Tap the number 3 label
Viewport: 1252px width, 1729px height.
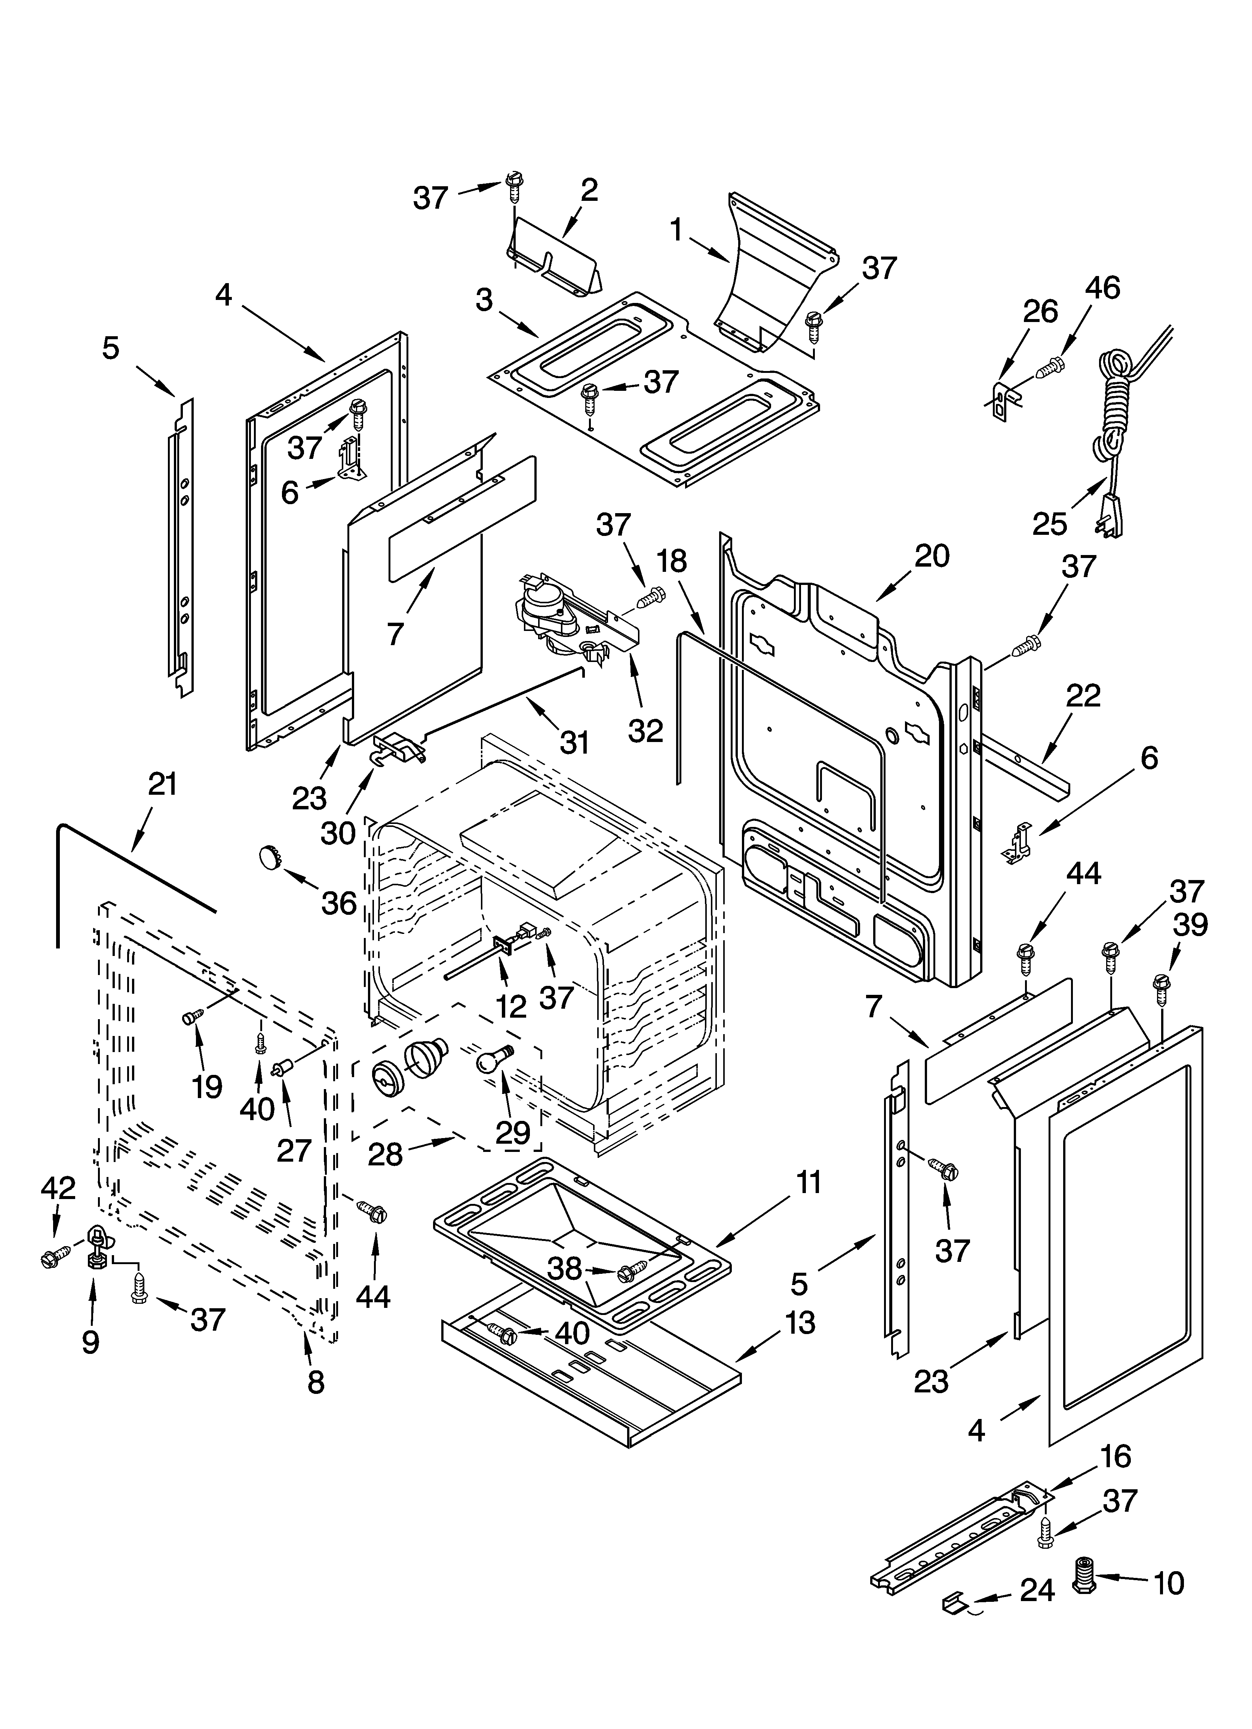point(484,300)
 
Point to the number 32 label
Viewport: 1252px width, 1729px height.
point(646,730)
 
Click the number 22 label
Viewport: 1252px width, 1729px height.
point(1083,696)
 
